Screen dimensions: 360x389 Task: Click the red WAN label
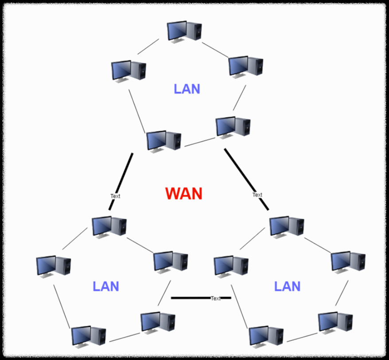pos(184,194)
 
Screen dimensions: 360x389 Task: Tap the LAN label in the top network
pos(187,89)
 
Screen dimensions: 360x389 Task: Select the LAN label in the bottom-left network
pos(106,286)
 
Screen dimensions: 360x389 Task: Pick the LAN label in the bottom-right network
pos(287,286)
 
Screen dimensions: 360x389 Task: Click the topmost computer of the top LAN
pos(184,31)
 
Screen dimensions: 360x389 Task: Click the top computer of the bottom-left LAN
pos(109,226)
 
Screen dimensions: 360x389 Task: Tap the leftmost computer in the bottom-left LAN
pos(53,266)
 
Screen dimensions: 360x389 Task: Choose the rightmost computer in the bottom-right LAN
pos(348,261)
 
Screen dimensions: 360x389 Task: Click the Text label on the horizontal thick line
pos(215,298)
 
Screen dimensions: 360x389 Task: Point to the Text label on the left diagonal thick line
pos(115,196)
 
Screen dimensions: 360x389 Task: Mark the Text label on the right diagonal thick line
pos(257,195)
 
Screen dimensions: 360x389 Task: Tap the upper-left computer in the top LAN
pos(128,71)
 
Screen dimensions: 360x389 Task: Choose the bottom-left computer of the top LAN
pos(163,141)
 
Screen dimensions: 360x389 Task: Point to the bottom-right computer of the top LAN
pos(233,127)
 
